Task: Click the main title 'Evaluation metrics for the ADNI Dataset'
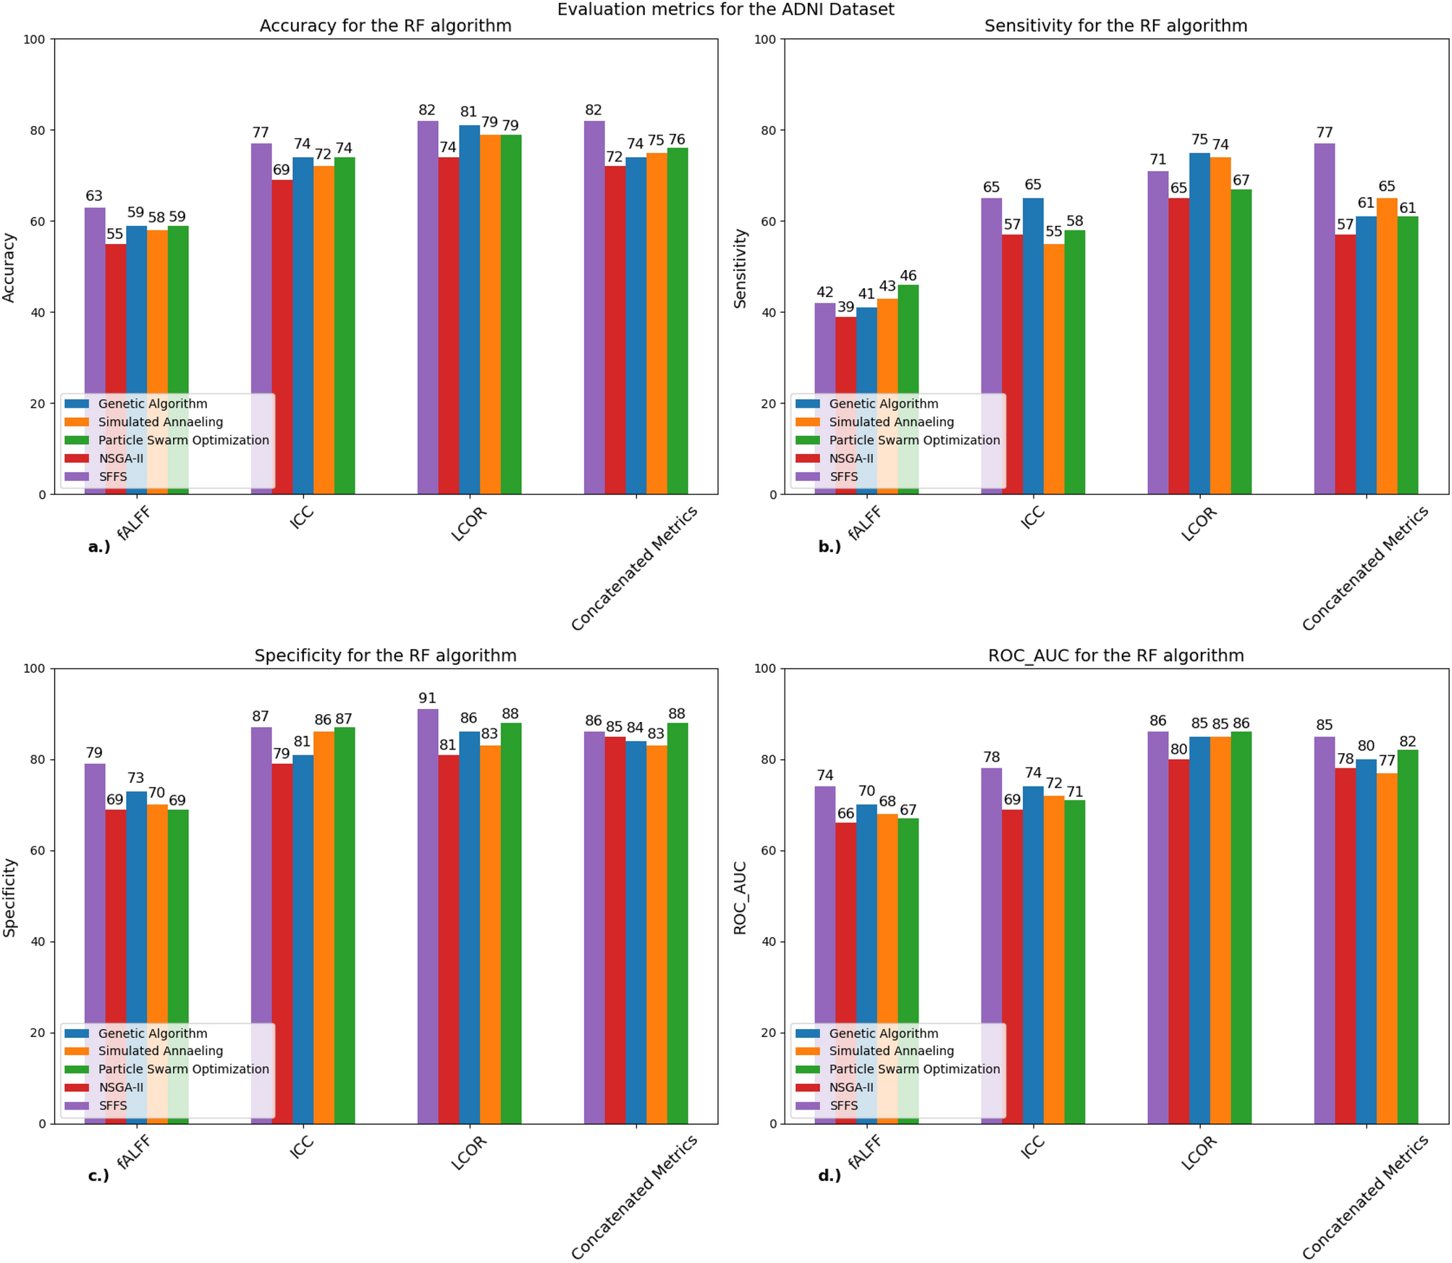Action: coord(725,9)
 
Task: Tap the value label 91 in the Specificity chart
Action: coord(427,698)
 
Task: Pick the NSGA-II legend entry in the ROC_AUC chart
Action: coord(850,1088)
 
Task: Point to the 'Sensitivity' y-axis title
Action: coord(740,269)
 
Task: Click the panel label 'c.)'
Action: coord(98,1175)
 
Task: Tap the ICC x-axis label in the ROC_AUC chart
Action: coord(1032,1147)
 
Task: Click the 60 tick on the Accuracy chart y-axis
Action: coord(38,222)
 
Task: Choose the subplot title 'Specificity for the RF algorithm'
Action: coord(385,655)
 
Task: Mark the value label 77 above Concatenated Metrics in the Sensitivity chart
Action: coord(1324,133)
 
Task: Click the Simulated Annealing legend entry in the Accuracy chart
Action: coord(160,422)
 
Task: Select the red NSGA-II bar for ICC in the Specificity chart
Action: coord(282,941)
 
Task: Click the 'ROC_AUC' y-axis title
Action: coord(740,897)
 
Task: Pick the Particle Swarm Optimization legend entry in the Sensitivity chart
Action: coord(913,440)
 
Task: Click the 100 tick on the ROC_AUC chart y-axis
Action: coord(765,668)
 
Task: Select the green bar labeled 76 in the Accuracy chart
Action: coord(677,319)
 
